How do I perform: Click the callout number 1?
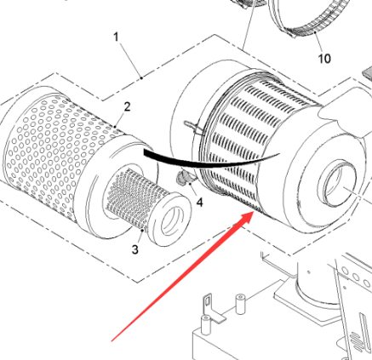[x=116, y=37]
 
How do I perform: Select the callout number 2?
[x=127, y=106]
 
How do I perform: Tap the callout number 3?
[x=135, y=249]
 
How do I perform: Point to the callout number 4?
[x=200, y=203]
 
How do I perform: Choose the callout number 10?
[x=324, y=59]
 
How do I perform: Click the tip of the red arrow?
[x=253, y=212]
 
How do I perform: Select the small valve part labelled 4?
[x=183, y=178]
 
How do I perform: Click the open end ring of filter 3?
[x=170, y=219]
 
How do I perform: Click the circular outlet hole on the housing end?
[x=337, y=183]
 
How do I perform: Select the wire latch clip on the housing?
[x=194, y=127]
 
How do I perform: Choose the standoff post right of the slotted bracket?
[x=240, y=304]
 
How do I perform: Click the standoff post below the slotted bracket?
[x=205, y=325]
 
